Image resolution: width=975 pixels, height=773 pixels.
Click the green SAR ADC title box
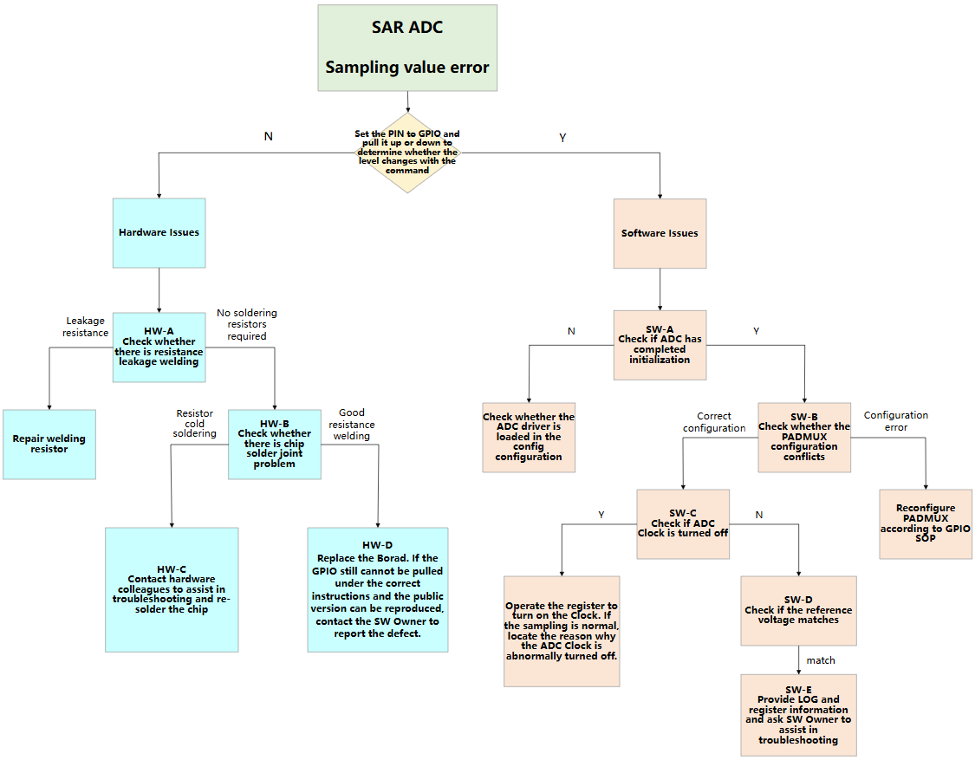coord(407,48)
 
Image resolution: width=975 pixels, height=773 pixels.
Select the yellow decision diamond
coord(406,153)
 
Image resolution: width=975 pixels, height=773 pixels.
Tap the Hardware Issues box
coord(159,232)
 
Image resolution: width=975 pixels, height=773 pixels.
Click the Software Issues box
coord(660,233)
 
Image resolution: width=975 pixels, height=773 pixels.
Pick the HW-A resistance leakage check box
coord(159,347)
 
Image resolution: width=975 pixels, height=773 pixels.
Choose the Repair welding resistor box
coord(49,444)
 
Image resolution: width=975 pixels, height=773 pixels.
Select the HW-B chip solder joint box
coord(274,444)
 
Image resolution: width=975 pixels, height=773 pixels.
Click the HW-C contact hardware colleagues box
coord(172,589)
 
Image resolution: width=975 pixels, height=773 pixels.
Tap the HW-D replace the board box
coord(377,589)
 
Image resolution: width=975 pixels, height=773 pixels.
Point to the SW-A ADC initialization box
coord(660,345)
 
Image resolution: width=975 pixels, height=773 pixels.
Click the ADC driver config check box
coord(529,437)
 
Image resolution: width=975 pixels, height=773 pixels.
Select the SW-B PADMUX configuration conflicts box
coord(804,437)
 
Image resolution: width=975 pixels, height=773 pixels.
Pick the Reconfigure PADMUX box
coord(926,523)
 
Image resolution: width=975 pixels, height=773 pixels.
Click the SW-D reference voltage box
coord(798,610)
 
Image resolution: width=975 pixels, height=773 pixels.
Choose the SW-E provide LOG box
coord(798,714)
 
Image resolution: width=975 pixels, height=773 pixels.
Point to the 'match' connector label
coord(821,660)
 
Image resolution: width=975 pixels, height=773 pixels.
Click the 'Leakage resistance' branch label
coord(86,327)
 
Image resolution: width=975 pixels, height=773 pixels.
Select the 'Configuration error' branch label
coord(896,421)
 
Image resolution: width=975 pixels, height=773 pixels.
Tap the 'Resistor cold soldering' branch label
coord(194,424)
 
